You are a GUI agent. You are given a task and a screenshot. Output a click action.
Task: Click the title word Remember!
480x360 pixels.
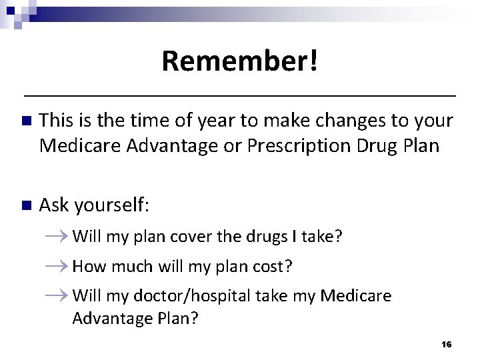[x=239, y=61]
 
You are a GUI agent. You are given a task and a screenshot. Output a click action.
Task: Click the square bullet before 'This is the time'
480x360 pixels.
[x=26, y=122]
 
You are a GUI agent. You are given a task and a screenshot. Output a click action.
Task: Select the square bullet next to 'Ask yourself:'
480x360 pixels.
[x=26, y=206]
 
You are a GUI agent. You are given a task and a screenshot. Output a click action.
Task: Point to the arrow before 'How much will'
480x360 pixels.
[x=58, y=267]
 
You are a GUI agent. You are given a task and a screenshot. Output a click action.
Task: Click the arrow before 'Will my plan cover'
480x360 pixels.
[x=58, y=236]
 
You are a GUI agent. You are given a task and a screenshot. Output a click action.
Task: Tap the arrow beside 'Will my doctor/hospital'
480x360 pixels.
[x=58, y=295]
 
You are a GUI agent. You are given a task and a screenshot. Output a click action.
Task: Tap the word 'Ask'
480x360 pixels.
[x=54, y=206]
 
